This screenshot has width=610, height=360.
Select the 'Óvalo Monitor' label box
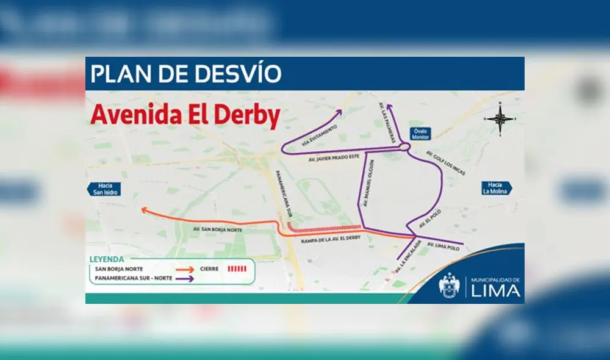click(x=421, y=134)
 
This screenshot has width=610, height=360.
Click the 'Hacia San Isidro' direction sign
click(x=102, y=189)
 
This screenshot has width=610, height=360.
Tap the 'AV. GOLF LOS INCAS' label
click(x=445, y=163)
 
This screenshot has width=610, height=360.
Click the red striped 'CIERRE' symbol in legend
click(x=236, y=268)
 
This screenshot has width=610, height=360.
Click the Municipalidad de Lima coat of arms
click(x=449, y=286)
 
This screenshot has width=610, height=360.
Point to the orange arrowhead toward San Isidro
click(x=144, y=210)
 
